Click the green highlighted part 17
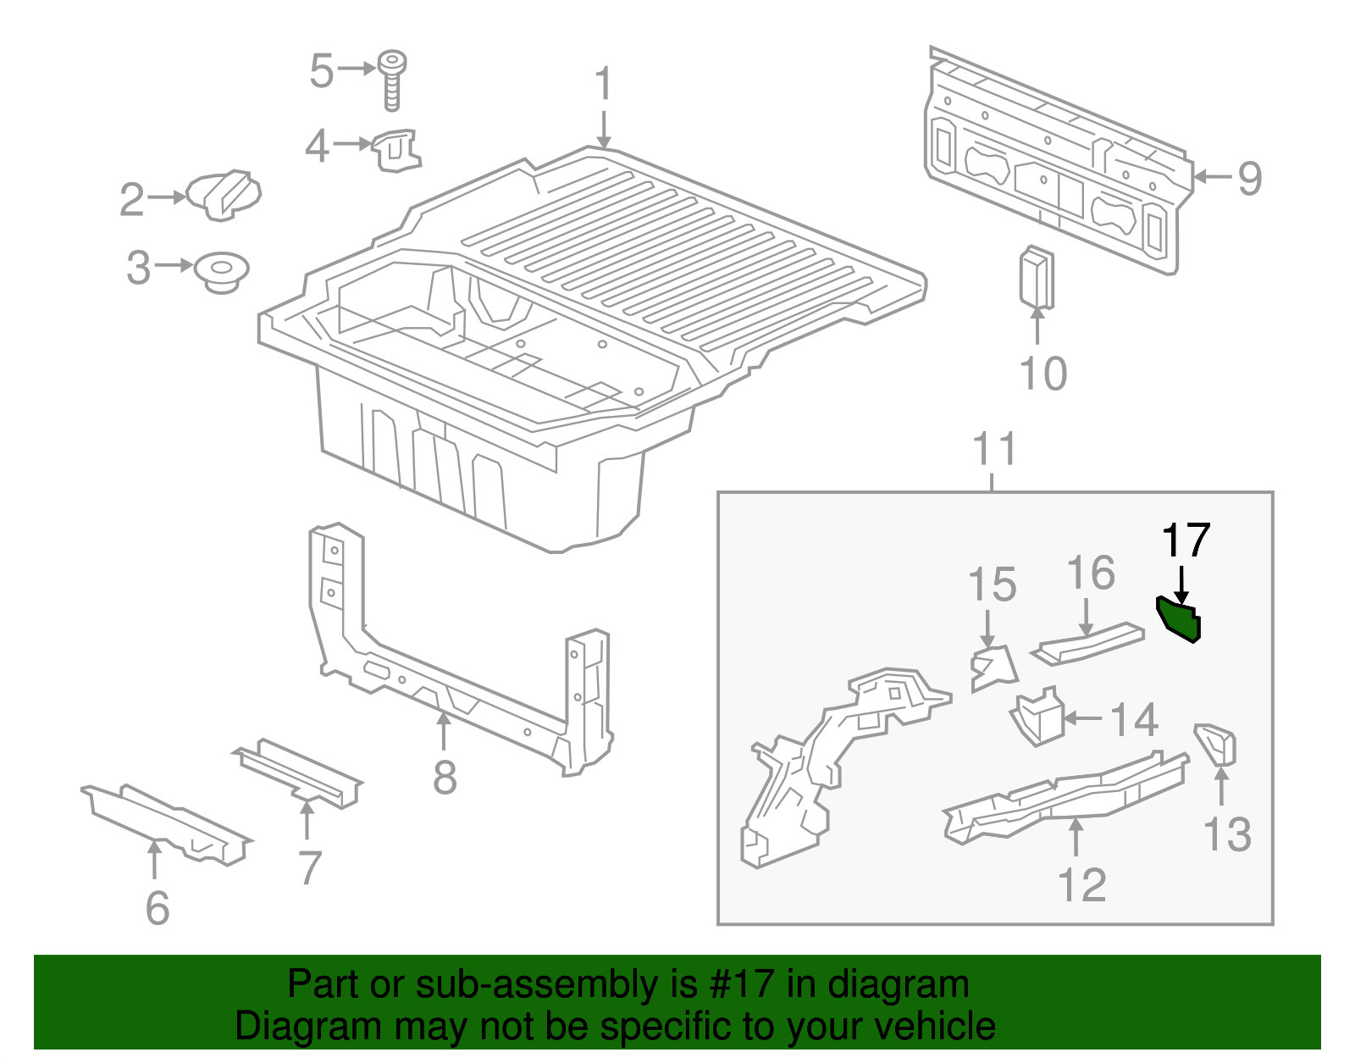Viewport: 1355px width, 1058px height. click(x=1180, y=621)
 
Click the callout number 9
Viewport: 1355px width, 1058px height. click(x=1249, y=178)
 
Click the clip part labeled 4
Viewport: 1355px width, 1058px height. click(x=396, y=151)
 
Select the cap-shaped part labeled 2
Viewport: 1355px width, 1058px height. click(x=224, y=195)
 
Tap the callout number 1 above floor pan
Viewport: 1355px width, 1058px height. click(x=603, y=85)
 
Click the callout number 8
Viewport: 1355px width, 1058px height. click(x=445, y=777)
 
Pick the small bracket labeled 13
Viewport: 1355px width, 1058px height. click(x=1218, y=744)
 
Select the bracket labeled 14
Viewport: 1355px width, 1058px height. click(x=1039, y=718)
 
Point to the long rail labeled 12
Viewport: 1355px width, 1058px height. click(x=1067, y=796)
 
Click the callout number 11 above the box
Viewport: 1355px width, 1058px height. click(x=994, y=450)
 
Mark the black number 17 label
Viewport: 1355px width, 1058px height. click(x=1186, y=540)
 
